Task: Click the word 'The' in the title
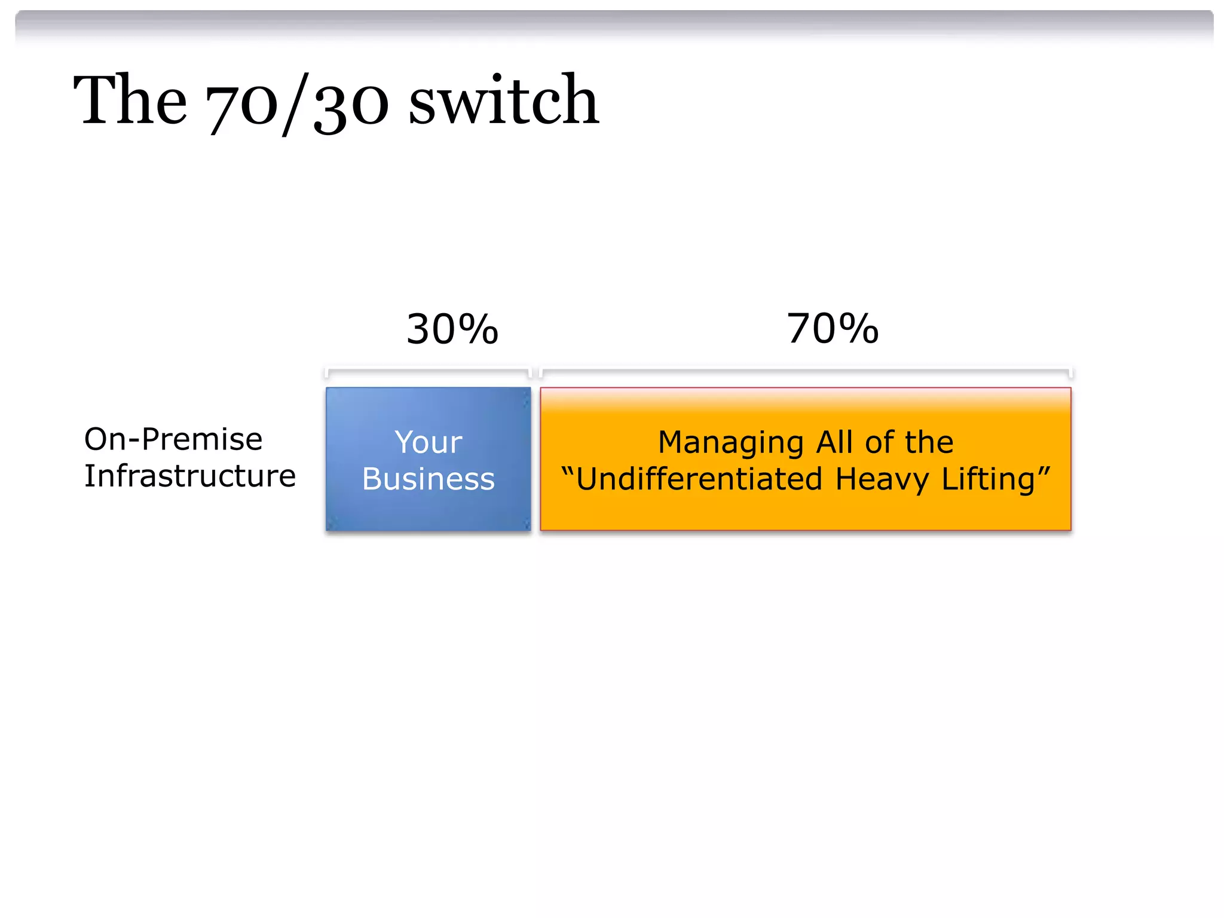pos(130,100)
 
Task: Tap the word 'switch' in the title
pos(503,100)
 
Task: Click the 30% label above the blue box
pos(452,329)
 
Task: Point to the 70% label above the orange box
pos(833,329)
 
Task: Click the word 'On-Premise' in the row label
pos(173,439)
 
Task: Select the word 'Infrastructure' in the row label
pos(190,476)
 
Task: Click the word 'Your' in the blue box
pos(428,443)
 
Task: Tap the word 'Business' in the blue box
pos(429,479)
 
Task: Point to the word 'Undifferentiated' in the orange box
pos(699,479)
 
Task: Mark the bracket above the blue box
pos(428,371)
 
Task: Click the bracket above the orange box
pos(805,371)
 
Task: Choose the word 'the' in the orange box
pos(929,442)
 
